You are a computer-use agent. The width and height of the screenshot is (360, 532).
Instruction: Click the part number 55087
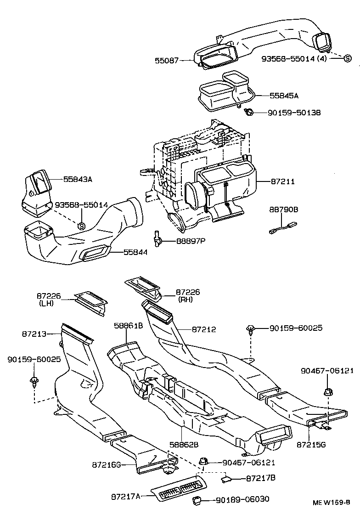coord(167,60)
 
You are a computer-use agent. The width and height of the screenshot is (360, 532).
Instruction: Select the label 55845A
coord(284,96)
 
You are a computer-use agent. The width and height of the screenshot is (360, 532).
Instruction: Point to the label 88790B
coord(284,209)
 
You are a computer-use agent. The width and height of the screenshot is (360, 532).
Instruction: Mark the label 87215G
coord(312,444)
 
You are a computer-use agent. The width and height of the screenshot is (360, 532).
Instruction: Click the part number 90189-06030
coord(242,499)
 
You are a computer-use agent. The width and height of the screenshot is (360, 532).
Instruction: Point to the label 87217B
coord(260,478)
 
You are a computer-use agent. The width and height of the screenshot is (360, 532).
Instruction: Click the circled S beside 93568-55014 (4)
coord(348,58)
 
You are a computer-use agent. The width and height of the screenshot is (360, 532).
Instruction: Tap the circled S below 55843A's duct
coord(81,225)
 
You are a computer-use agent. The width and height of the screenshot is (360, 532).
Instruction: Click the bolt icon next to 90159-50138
coord(249,112)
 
